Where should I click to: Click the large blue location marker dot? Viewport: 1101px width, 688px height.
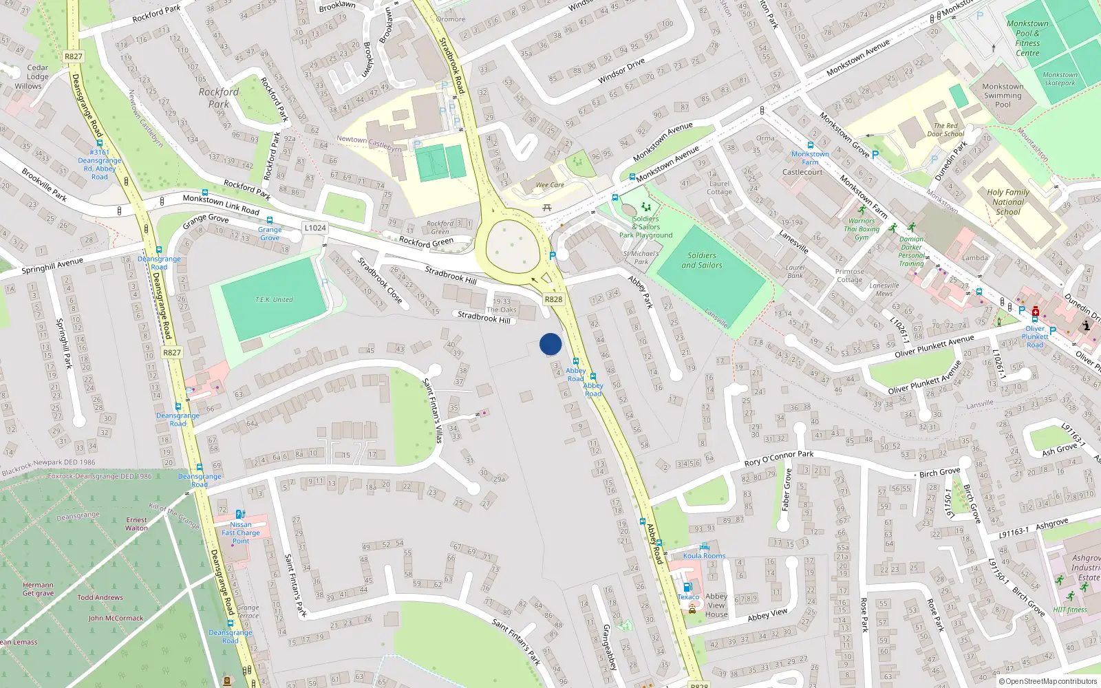pyautogui.click(x=550, y=344)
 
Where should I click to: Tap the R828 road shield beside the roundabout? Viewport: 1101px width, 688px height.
pyautogui.click(x=553, y=299)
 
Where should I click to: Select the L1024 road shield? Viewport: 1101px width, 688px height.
pyautogui.click(x=315, y=228)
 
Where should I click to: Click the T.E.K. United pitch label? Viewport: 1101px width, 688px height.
pyautogui.click(x=274, y=300)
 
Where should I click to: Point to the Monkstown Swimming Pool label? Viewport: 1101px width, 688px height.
pyautogui.click(x=1003, y=96)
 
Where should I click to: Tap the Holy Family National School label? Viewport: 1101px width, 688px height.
pyautogui.click(x=1007, y=202)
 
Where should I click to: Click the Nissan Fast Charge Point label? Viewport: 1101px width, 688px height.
pyautogui.click(x=241, y=533)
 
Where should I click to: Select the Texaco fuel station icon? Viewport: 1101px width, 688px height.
pyautogui.click(x=687, y=588)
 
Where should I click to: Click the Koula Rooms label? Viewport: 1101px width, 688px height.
pyautogui.click(x=704, y=556)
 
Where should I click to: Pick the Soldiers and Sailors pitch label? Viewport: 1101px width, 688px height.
pyautogui.click(x=702, y=260)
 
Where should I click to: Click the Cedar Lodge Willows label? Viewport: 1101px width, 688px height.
pyautogui.click(x=33, y=77)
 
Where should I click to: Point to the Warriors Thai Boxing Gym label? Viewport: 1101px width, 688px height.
pyautogui.click(x=862, y=230)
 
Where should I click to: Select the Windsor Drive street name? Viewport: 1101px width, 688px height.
pyautogui.click(x=621, y=71)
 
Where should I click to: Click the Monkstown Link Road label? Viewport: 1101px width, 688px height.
pyautogui.click(x=221, y=204)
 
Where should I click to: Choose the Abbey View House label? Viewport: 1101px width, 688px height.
pyautogui.click(x=716, y=605)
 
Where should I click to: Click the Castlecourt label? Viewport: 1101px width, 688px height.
pyautogui.click(x=802, y=172)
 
